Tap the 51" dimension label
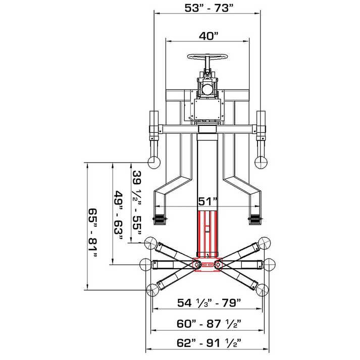click(x=207, y=201)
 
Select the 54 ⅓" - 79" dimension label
click(x=209, y=303)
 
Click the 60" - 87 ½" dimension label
click(x=209, y=323)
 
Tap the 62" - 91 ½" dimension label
click(x=209, y=343)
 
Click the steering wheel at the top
click(x=207, y=58)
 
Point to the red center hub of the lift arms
click(x=207, y=265)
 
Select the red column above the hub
click(x=207, y=232)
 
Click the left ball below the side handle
click(x=153, y=162)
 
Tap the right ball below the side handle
click(x=261, y=162)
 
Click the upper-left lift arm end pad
click(x=152, y=244)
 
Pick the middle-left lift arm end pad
click(x=145, y=264)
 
